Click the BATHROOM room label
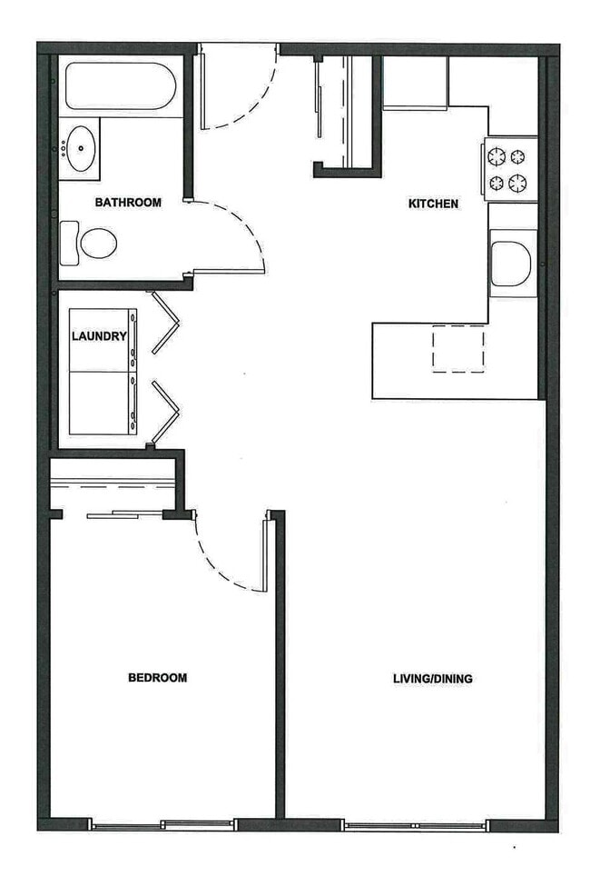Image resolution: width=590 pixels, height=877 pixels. (x=128, y=203)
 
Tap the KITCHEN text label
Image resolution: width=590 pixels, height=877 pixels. (x=433, y=204)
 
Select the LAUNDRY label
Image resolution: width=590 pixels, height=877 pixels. (x=99, y=336)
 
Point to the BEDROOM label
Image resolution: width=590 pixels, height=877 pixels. (x=157, y=677)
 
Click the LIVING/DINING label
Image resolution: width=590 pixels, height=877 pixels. (x=432, y=678)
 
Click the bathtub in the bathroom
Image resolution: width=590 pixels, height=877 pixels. (x=120, y=86)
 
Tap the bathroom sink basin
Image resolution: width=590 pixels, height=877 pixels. (x=81, y=148)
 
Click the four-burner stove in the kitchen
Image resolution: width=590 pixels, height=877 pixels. (x=510, y=169)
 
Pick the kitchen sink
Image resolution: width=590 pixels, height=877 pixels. (x=511, y=264)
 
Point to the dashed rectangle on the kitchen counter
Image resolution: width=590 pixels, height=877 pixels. (x=457, y=348)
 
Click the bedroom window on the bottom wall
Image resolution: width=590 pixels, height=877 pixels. (x=163, y=824)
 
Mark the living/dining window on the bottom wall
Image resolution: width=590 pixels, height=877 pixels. (x=415, y=825)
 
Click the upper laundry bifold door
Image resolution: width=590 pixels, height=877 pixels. (x=166, y=322)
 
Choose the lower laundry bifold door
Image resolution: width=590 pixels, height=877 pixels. (x=165, y=412)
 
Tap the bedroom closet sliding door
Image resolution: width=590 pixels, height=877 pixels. (x=124, y=515)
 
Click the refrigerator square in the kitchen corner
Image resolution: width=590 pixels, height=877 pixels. (x=414, y=83)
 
